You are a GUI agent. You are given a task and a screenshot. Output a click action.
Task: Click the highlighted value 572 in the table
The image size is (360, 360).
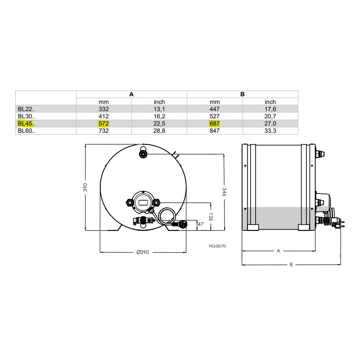click(103, 123)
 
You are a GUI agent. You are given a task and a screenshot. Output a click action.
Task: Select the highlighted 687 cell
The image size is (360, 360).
click(215, 123)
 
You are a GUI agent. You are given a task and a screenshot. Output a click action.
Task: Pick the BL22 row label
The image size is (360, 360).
click(27, 109)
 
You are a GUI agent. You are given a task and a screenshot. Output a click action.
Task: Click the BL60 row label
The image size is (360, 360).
click(27, 130)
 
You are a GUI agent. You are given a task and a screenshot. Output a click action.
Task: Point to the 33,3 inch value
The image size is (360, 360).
click(270, 130)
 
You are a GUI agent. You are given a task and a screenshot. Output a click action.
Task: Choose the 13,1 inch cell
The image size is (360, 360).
click(159, 109)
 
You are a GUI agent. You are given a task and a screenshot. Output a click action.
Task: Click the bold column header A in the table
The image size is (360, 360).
click(131, 94)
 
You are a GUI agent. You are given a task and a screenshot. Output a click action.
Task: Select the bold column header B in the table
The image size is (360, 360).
click(242, 94)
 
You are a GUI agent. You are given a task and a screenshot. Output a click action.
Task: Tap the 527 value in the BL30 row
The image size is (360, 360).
click(215, 116)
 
